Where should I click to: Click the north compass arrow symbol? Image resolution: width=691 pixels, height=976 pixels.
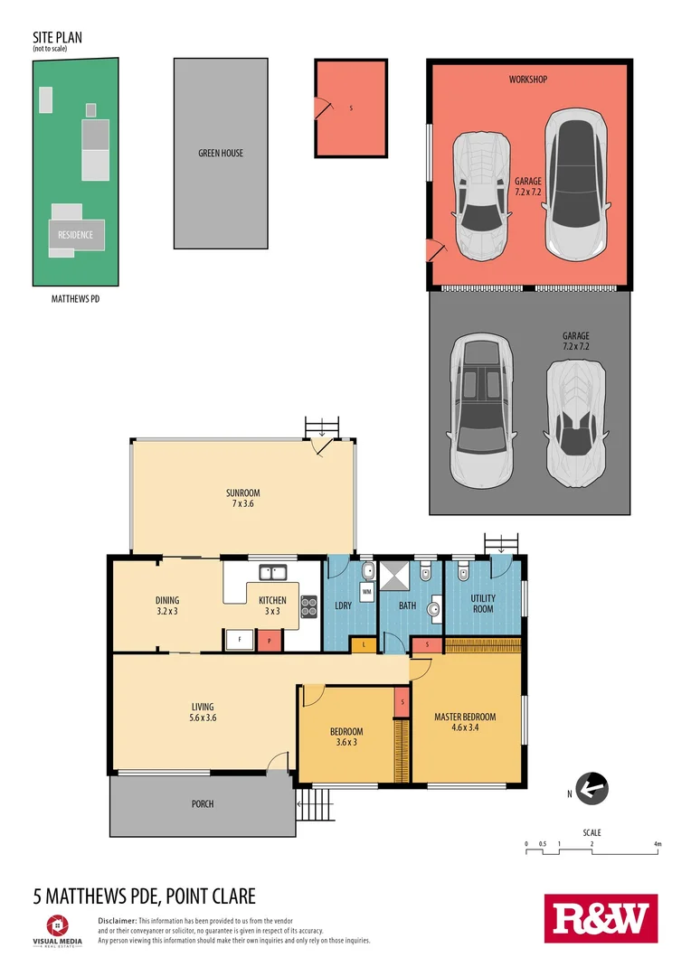tap(592, 789)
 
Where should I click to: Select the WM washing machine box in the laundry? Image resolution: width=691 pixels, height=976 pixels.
tap(366, 593)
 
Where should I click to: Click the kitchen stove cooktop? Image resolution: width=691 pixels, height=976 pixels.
tap(308, 605)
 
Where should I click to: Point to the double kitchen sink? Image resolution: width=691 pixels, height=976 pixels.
tap(272, 572)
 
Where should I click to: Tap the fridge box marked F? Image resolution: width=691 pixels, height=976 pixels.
tap(239, 639)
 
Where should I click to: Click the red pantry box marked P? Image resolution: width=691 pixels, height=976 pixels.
tap(270, 639)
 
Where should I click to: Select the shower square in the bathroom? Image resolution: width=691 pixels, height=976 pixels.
tap(393, 576)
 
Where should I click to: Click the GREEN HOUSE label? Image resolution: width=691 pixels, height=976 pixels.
tap(221, 154)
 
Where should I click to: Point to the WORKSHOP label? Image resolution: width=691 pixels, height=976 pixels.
tap(528, 80)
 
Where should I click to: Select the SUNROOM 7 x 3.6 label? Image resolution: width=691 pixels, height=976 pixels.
tap(242, 498)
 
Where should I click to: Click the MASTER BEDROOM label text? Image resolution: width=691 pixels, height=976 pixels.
tap(465, 718)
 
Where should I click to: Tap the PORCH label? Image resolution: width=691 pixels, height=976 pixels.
tap(203, 803)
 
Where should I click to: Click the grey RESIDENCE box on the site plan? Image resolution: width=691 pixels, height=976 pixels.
tap(76, 235)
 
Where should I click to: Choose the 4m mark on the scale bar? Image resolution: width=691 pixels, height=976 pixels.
tap(658, 845)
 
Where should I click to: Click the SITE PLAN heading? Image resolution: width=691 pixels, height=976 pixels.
tap(57, 38)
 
